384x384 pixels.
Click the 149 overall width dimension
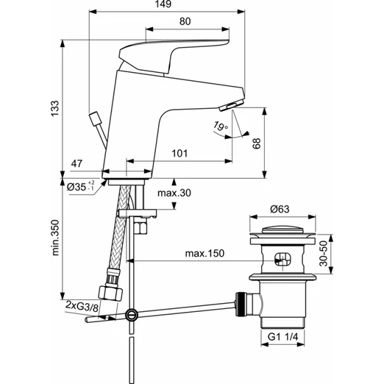tap(163, 4)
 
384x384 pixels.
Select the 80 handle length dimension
tap(185, 21)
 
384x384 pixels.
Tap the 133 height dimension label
tap(55, 108)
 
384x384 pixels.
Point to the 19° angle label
tap(221, 126)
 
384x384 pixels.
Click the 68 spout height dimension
tap(257, 143)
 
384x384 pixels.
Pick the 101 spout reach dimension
tap(179, 154)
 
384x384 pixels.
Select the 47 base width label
tap(77, 163)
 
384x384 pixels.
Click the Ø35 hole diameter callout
tap(81, 187)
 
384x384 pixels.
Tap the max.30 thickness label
tap(174, 193)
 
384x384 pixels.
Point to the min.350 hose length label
tap(56, 238)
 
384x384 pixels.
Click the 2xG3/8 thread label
tap(82, 305)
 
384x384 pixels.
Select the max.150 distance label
tap(205, 253)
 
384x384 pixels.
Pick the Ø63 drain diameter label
tap(280, 209)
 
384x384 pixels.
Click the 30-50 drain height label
tap(324, 254)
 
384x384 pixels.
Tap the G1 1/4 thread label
tap(282, 337)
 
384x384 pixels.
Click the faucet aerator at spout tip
tap(232, 105)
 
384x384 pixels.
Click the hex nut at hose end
tap(110, 292)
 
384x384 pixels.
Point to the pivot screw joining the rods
tap(132, 315)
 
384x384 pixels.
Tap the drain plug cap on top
tap(282, 230)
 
